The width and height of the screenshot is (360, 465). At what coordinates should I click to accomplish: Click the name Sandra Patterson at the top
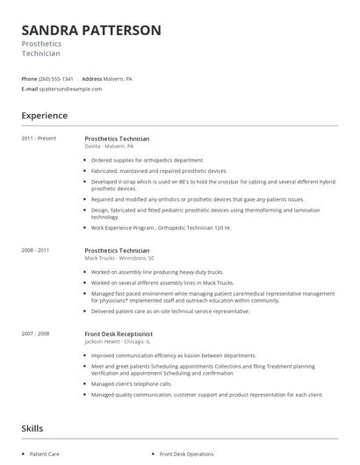[x=91, y=31]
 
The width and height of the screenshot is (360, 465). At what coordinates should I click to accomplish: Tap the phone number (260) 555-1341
[x=56, y=78]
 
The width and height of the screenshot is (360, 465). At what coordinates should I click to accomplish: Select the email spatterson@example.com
[x=70, y=89]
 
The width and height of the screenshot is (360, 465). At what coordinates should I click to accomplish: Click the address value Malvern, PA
[x=118, y=78]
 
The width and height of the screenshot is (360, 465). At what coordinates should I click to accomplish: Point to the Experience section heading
[x=44, y=115]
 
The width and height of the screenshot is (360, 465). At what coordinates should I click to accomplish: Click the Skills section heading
[x=32, y=428]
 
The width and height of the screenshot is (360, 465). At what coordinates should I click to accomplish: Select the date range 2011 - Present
[x=39, y=139]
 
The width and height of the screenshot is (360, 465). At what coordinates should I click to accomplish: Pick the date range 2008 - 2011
[x=36, y=250]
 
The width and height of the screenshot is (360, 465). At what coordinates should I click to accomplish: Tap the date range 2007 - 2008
[x=36, y=333]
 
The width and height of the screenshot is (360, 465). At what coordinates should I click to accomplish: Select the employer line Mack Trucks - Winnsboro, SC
[x=119, y=258]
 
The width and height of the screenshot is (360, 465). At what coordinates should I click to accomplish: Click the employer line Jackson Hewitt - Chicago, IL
[x=120, y=341]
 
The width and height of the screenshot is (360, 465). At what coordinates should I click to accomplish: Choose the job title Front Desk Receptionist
[x=119, y=333]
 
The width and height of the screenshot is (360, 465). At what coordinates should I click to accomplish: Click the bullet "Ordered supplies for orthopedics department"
[x=148, y=161]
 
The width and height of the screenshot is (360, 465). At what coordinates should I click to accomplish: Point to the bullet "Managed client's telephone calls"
[x=132, y=383]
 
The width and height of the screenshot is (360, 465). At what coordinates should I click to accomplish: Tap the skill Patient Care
[x=45, y=454]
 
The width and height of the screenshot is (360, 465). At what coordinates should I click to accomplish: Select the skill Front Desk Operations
[x=186, y=454]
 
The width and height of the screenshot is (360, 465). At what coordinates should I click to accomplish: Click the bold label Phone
[x=29, y=78]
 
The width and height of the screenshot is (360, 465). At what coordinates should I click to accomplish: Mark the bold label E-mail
[x=30, y=89]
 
